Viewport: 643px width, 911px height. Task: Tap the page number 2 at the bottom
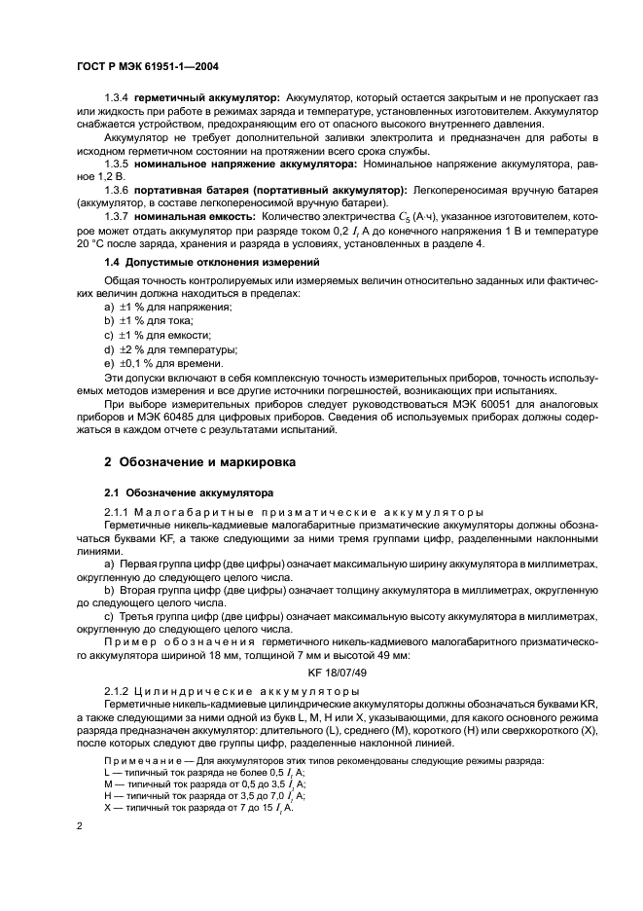click(x=80, y=825)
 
